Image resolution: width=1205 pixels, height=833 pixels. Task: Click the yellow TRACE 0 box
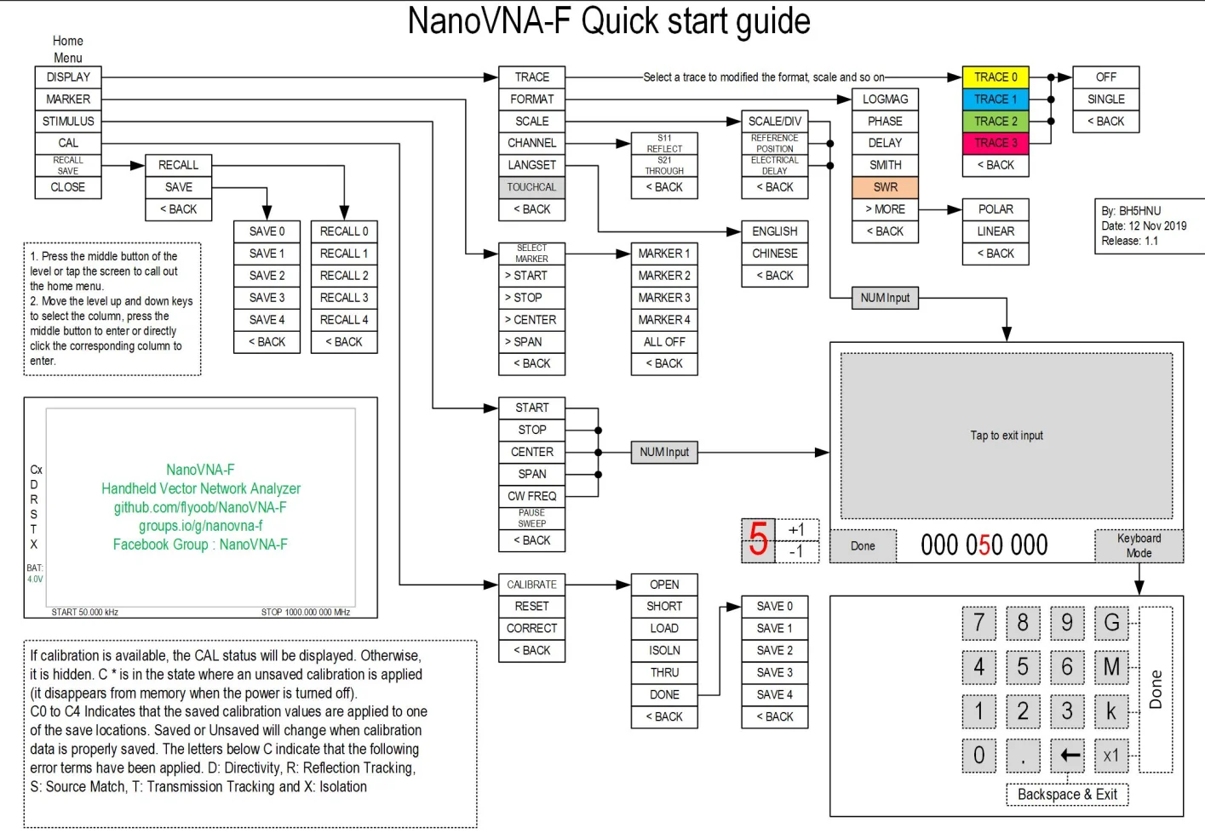coord(996,77)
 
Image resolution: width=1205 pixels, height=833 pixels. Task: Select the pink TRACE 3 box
coord(996,143)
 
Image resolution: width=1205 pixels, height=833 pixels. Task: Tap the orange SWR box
coord(885,187)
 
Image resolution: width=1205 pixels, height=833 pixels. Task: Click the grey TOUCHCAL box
coord(531,187)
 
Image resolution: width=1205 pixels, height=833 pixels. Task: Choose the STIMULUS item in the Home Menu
coord(68,122)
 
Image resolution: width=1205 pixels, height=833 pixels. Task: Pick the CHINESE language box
coord(775,254)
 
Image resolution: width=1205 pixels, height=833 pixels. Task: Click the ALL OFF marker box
coord(664,342)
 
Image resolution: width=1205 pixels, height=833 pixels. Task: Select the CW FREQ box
coord(531,496)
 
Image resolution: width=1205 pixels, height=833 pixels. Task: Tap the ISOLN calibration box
coord(664,650)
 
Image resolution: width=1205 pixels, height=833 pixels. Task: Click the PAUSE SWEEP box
coord(531,518)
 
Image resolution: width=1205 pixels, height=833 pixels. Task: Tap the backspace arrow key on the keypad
coord(1067,756)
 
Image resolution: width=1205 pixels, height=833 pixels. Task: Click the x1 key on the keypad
coord(1111,756)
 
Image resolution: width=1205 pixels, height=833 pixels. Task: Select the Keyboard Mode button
coord(1139,546)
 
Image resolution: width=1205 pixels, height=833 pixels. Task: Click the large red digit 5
coord(758,539)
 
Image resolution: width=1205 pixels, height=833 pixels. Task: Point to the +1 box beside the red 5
coord(797,530)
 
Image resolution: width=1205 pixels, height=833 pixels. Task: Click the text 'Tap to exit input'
coord(1007,436)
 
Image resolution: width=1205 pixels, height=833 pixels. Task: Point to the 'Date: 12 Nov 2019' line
coord(1144,225)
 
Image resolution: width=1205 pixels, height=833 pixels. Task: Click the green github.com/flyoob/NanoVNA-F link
coord(200,507)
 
